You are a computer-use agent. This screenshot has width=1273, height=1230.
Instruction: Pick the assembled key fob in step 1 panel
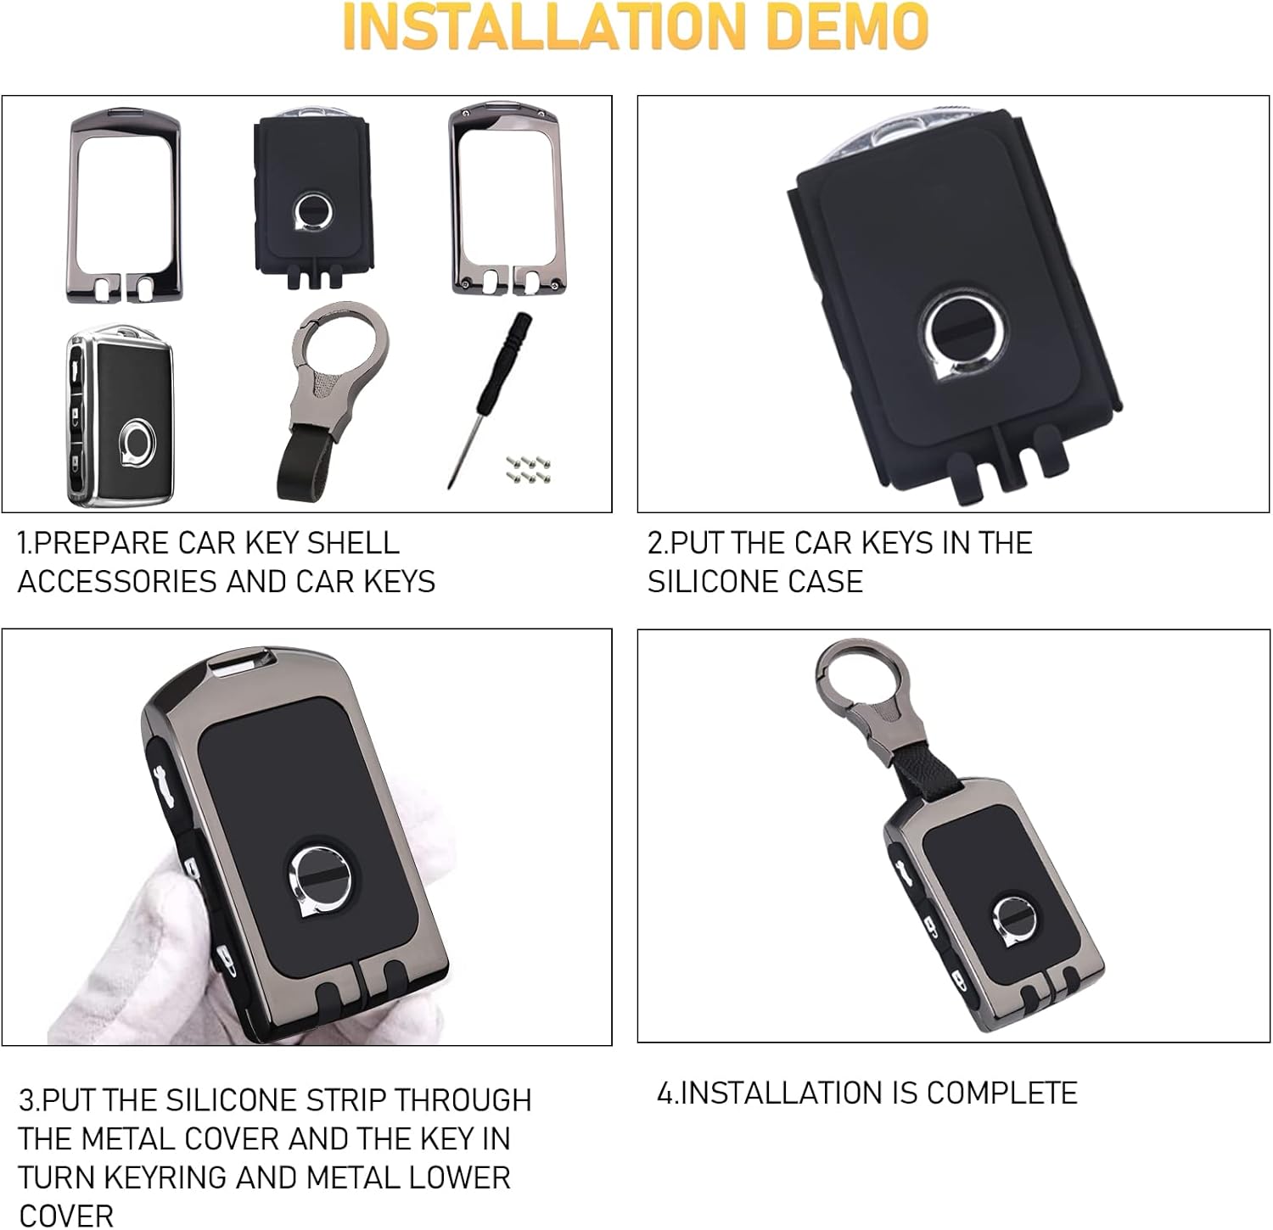click(x=120, y=416)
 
